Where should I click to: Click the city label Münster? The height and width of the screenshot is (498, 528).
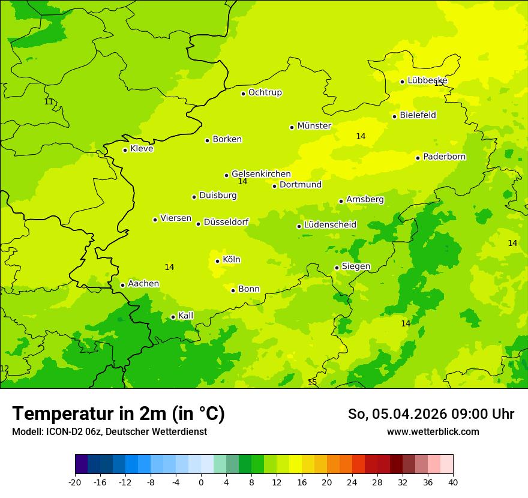click(x=314, y=126)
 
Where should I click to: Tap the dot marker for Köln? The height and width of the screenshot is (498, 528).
click(x=217, y=261)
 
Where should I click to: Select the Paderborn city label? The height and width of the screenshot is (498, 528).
click(x=444, y=157)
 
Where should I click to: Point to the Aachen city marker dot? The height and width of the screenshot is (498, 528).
click(x=122, y=285)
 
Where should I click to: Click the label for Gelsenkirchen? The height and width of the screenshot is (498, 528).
click(x=261, y=174)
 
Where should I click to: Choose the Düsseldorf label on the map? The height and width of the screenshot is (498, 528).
click(x=226, y=222)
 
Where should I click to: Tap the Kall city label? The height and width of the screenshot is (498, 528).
click(x=185, y=316)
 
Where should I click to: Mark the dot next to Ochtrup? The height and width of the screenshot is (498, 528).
click(x=243, y=94)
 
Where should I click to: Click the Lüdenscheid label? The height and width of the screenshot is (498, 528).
click(x=330, y=225)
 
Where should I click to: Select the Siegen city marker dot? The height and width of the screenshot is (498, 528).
click(x=337, y=268)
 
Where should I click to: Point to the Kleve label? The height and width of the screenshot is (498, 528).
click(x=142, y=149)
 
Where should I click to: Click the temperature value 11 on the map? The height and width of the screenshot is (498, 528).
click(x=49, y=102)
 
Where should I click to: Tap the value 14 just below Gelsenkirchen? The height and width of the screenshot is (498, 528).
click(x=242, y=181)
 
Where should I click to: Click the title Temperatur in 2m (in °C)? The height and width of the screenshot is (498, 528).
click(x=118, y=413)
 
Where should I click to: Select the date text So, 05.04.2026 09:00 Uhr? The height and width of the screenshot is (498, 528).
click(x=430, y=414)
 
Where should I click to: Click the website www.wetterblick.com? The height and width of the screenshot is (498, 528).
click(x=433, y=431)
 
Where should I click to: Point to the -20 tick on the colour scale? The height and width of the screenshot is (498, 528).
click(x=75, y=482)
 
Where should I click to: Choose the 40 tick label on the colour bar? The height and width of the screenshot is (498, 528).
click(x=453, y=482)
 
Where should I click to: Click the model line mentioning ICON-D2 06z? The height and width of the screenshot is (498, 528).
click(x=109, y=431)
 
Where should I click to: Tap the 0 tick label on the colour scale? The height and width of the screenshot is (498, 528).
click(x=201, y=482)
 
